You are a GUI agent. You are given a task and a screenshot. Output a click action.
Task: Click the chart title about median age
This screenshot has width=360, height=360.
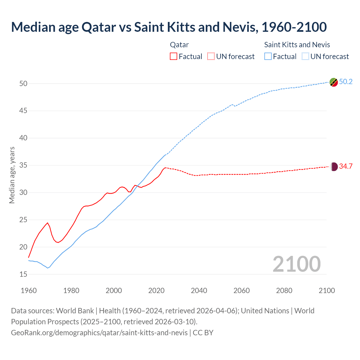pyautogui.click(x=169, y=27)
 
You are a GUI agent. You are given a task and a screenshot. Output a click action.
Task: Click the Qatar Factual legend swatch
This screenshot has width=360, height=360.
pyautogui.click(x=174, y=57)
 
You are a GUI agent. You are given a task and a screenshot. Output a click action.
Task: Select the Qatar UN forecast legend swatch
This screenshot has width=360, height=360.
pyautogui.click(x=211, y=57)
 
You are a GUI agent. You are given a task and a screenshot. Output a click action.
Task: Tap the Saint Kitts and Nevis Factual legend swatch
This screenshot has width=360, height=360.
pyautogui.click(x=268, y=57)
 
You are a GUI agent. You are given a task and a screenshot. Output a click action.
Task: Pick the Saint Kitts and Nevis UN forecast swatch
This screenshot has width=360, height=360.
pyautogui.click(x=305, y=57)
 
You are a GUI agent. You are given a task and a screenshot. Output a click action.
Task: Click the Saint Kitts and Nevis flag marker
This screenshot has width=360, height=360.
pyautogui.click(x=334, y=82)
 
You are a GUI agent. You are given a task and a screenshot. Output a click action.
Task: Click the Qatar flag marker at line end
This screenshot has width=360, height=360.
pyautogui.click(x=334, y=166)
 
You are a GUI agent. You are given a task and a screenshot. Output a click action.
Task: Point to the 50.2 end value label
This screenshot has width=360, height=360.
pyautogui.click(x=346, y=82)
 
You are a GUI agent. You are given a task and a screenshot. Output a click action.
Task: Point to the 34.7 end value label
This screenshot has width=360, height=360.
pyautogui.click(x=346, y=166)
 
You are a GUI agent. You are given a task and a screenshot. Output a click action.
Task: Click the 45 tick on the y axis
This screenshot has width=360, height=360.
pyautogui.click(x=23, y=111)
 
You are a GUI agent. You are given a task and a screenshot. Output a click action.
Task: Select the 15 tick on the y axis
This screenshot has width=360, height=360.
pyautogui.click(x=23, y=274)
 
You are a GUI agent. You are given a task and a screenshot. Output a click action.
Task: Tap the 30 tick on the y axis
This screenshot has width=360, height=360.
pyautogui.click(x=23, y=193)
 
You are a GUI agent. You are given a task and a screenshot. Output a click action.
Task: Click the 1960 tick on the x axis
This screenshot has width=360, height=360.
pyautogui.click(x=29, y=291)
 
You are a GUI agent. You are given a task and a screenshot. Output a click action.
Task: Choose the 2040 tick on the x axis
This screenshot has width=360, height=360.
pyautogui.click(x=199, y=291)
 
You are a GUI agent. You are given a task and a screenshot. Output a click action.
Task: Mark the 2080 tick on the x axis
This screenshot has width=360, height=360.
pyautogui.click(x=284, y=291)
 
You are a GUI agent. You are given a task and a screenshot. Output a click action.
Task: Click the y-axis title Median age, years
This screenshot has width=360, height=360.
pyautogui.click(x=12, y=175)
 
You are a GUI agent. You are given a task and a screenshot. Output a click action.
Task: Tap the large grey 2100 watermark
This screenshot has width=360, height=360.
pyautogui.click(x=296, y=264)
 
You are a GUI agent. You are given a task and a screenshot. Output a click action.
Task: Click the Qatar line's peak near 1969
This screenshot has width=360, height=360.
pyautogui.click(x=48, y=223)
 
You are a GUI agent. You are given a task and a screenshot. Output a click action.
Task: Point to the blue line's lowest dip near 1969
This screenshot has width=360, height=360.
pyautogui.click(x=48, y=268)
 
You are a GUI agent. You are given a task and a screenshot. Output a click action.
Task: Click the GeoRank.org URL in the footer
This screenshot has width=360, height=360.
pyautogui.click(x=99, y=333)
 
